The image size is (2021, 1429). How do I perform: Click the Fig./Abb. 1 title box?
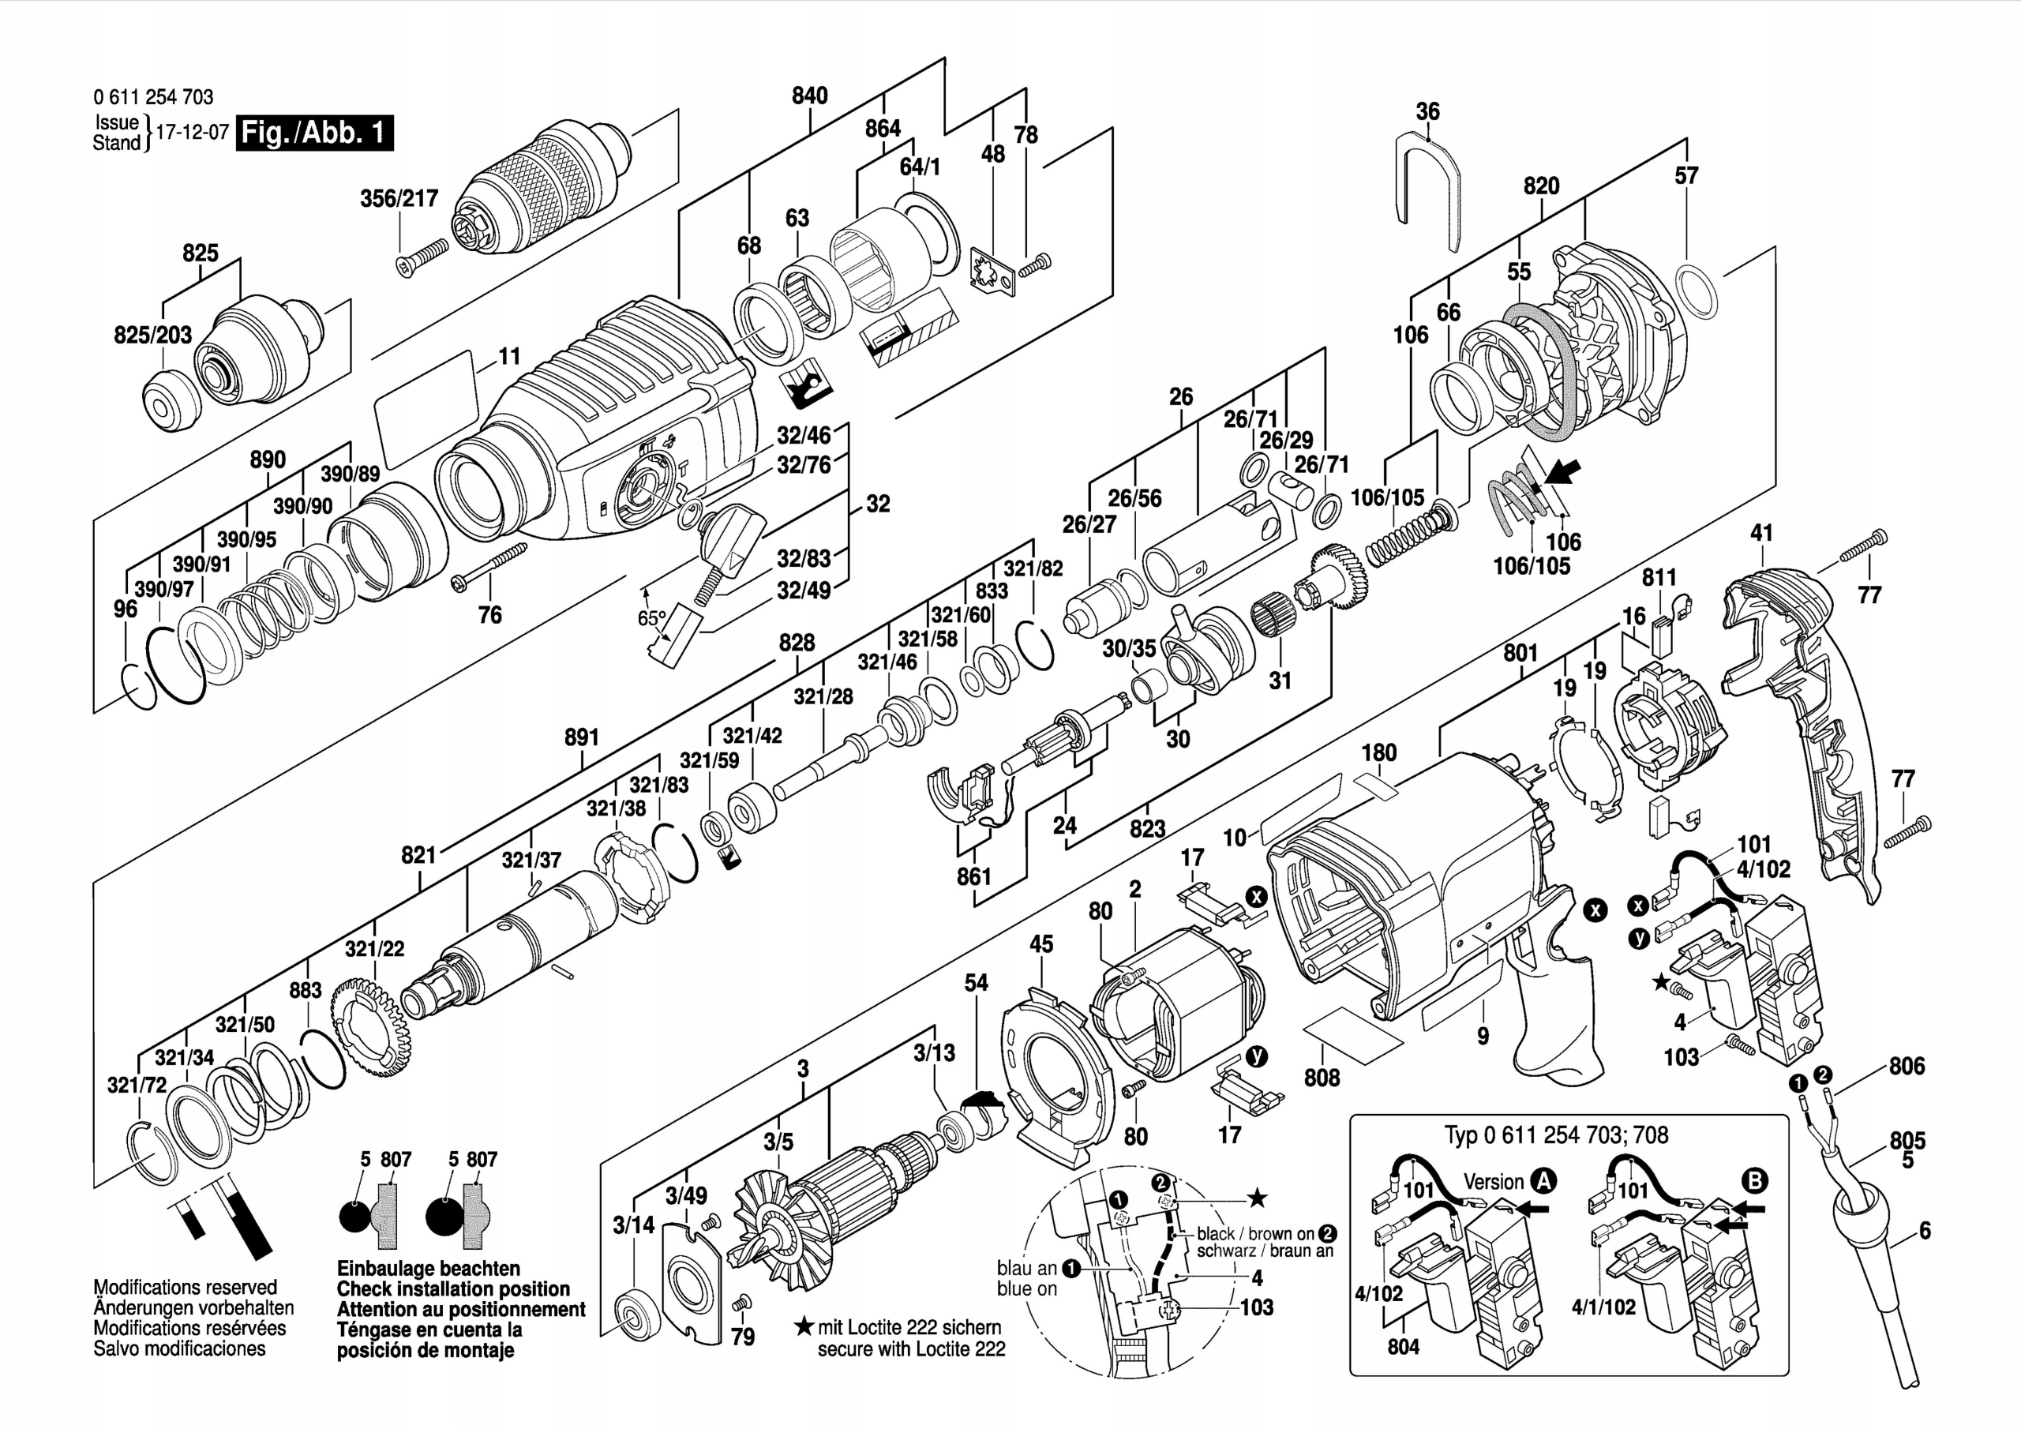314,133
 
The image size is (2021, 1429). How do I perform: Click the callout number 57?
1685,175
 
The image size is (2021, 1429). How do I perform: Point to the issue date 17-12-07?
192,133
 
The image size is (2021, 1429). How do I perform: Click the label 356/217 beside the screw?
399,198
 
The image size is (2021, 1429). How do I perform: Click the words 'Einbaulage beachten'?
428,1268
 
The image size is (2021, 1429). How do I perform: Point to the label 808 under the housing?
1322,1078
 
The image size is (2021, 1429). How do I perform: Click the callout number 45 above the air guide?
1041,944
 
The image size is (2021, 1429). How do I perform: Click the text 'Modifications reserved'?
185,1286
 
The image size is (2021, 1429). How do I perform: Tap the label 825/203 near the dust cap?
152,335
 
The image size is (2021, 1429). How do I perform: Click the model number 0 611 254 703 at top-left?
153,97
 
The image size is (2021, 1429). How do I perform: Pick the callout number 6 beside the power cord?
1924,1230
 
